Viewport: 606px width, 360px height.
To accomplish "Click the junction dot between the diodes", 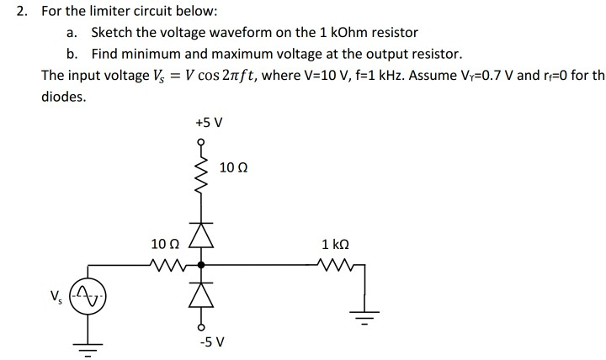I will click(x=201, y=265).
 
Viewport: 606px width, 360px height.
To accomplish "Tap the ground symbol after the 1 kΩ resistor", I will click(x=365, y=320).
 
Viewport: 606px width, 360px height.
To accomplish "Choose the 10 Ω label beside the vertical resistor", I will click(x=231, y=168).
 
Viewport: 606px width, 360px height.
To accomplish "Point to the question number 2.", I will click(x=23, y=12).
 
